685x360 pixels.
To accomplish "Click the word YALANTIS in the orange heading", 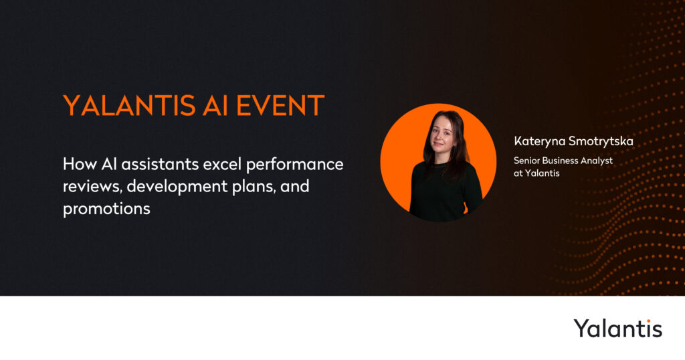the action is click(x=129, y=106).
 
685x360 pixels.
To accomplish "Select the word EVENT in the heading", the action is click(x=280, y=106).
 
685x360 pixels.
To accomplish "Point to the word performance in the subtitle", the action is click(x=295, y=165).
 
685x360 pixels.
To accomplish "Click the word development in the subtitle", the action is click(x=177, y=187).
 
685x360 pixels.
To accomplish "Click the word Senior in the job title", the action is click(x=526, y=161).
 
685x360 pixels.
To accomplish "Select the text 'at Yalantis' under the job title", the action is click(x=536, y=173).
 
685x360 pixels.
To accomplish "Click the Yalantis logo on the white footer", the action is click(x=617, y=329).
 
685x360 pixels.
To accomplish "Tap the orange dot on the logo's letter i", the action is click(x=648, y=321).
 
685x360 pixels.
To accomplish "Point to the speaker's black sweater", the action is click(x=446, y=192).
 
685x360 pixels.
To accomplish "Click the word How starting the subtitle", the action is click(x=80, y=164).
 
